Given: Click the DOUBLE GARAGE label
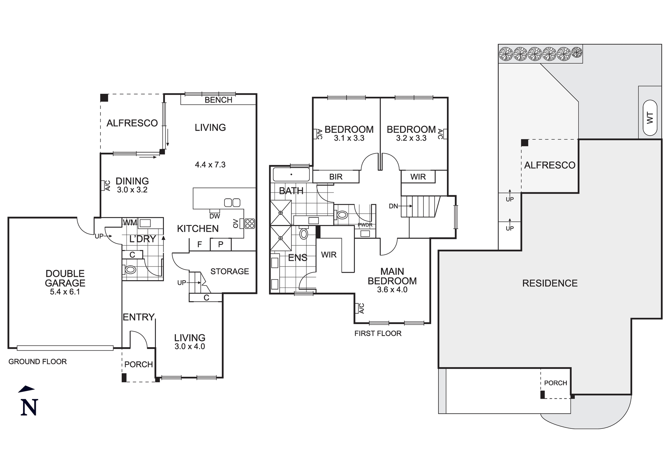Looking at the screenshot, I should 65,278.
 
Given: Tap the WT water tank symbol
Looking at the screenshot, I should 650,118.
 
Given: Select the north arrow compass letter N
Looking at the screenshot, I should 29,407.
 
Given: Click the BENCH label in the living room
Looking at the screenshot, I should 218,100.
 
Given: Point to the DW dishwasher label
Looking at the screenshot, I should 215,216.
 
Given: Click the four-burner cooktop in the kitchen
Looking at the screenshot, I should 250,223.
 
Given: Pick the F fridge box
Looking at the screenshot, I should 200,244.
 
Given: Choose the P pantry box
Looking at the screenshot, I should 220,244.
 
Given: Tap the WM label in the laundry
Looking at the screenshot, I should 130,222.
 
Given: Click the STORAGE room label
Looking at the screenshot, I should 229,271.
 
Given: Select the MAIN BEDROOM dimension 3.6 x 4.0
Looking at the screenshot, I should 392,290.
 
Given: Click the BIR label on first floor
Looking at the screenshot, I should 336,177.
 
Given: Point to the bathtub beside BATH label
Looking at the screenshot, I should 291,174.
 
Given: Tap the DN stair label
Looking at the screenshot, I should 393,206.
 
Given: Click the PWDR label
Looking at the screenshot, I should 365,225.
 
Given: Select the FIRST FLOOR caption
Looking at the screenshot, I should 378,333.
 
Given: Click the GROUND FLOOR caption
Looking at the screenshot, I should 37,362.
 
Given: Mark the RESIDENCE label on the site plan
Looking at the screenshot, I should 550,283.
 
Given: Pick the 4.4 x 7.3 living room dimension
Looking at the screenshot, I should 210,164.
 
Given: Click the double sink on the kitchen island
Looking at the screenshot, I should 232,203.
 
